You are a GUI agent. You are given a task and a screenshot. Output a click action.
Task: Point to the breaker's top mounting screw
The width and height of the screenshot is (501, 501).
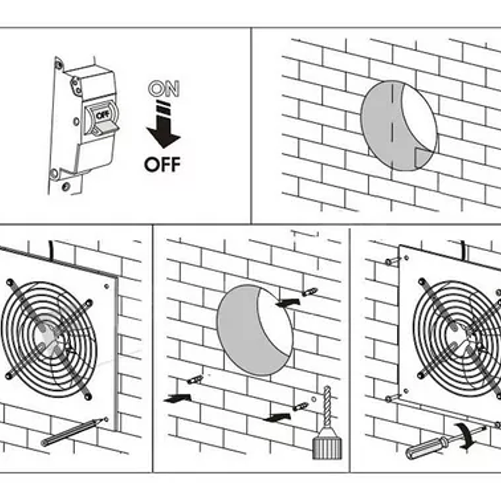59,65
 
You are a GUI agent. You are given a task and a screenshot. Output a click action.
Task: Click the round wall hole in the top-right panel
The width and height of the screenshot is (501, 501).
399,126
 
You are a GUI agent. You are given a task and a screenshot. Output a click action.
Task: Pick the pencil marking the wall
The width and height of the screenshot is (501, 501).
73,432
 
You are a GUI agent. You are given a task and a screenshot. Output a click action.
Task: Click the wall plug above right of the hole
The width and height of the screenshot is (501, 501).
309,291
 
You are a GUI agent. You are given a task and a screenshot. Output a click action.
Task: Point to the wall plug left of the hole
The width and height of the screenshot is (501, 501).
194,380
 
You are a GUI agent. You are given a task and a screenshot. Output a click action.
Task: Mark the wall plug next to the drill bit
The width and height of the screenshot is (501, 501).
301,407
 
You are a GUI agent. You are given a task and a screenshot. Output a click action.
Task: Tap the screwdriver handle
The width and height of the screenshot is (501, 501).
422,450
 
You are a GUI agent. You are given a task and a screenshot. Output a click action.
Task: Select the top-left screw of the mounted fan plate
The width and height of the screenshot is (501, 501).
394,261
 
